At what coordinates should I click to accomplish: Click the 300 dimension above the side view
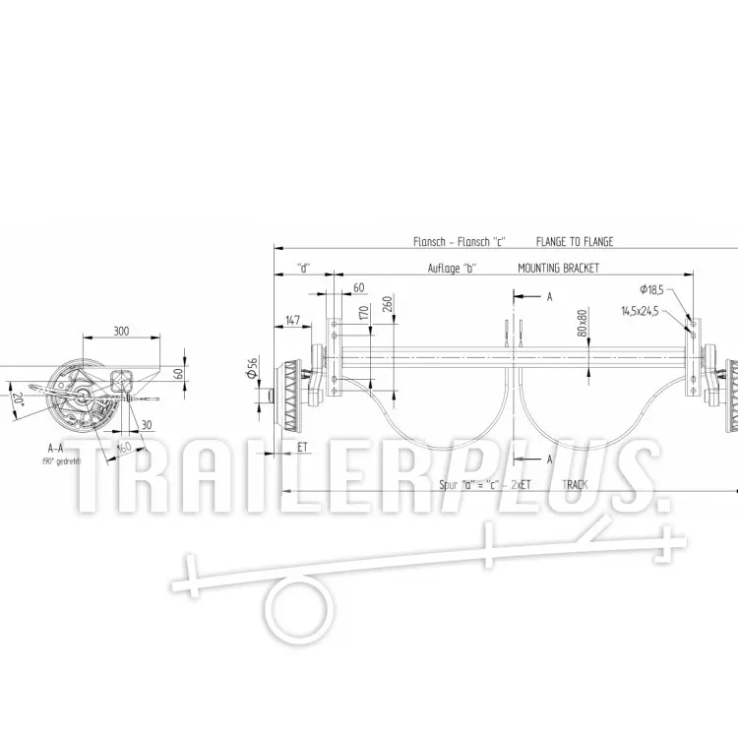pyautogui.click(x=121, y=332)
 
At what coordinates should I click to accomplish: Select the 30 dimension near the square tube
pyautogui.click(x=146, y=425)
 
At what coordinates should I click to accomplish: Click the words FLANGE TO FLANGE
pyautogui.click(x=575, y=241)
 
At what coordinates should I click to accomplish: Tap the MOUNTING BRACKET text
pyautogui.click(x=558, y=268)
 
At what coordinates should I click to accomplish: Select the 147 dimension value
pyautogui.click(x=292, y=321)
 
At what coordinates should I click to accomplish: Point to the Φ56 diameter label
pyautogui.click(x=253, y=366)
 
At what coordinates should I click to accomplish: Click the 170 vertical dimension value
pyautogui.click(x=363, y=315)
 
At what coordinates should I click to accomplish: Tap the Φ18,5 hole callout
pyautogui.click(x=650, y=289)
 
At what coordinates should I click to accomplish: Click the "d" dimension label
pyautogui.click(x=304, y=268)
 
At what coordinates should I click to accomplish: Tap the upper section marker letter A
pyautogui.click(x=549, y=295)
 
